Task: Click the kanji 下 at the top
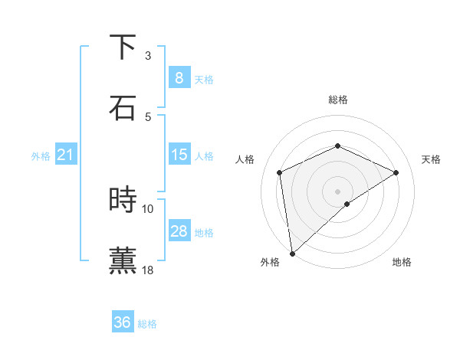123,48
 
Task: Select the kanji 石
123,107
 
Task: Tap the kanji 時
123,200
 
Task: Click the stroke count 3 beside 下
148,56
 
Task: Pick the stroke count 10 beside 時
148,208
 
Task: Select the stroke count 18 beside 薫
148,270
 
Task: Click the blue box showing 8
179,78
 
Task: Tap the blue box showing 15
179,155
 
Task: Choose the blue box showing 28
179,231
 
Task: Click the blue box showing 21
65,155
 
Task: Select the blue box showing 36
122,322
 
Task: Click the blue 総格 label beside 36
147,324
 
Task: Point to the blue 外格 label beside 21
41,156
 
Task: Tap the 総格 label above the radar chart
337,100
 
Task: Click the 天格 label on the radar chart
431,159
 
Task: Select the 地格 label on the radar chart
402,262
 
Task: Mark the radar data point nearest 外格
292,253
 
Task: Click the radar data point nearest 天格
396,172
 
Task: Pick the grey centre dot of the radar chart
337,191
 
